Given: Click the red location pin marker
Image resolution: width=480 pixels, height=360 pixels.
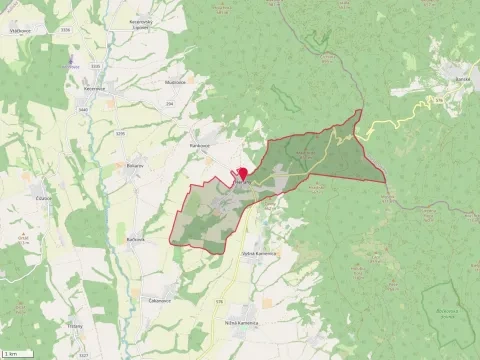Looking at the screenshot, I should click(242, 174).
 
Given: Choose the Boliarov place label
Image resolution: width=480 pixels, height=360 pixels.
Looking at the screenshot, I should click(135, 165).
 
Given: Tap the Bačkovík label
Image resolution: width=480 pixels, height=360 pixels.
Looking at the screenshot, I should click(136, 239).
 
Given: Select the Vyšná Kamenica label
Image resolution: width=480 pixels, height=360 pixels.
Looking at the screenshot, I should click(258, 253).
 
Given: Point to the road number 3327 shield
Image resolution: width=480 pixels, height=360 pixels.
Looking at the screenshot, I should click(83, 355).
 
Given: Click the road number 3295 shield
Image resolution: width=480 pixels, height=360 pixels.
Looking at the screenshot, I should click(121, 132).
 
